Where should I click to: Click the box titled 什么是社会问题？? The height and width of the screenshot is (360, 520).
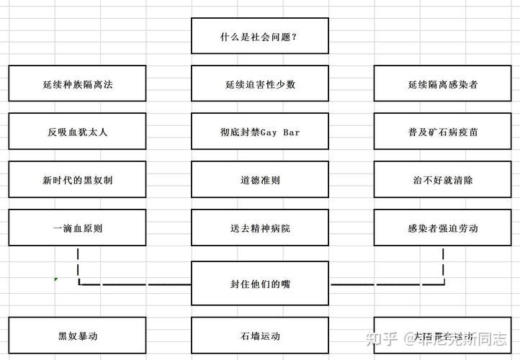click(x=259, y=36)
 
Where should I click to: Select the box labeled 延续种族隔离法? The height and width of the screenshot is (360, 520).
click(x=77, y=84)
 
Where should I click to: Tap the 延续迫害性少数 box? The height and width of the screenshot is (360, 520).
click(x=259, y=84)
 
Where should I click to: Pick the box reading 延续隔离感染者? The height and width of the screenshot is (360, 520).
click(x=442, y=84)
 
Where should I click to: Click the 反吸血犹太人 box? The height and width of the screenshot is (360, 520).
click(x=77, y=132)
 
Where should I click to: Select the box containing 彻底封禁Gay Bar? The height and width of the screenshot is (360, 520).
click(x=259, y=132)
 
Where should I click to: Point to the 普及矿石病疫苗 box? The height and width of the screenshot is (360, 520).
click(x=442, y=132)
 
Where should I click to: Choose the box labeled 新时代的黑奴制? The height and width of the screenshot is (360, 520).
click(x=77, y=179)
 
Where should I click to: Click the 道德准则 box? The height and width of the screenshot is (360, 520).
click(x=259, y=179)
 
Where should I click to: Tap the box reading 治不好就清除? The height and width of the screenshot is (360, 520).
click(x=442, y=179)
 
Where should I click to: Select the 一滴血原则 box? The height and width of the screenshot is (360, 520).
click(x=77, y=228)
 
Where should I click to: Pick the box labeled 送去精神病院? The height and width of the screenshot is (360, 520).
click(x=259, y=228)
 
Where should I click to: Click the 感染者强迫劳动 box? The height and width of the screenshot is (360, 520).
click(x=442, y=228)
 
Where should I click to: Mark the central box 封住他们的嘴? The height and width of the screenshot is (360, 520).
click(x=259, y=284)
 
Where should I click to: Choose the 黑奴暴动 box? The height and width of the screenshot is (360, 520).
click(x=77, y=336)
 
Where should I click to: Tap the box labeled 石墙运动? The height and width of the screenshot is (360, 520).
click(x=259, y=336)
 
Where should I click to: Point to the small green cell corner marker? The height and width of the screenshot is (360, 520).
click(x=56, y=279)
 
